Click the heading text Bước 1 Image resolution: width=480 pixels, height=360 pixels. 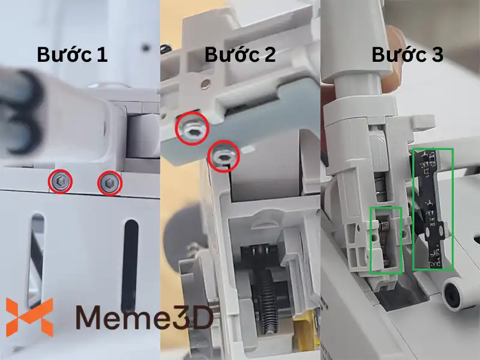[x=72, y=55]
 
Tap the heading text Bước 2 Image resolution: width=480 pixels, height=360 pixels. [x=240, y=55]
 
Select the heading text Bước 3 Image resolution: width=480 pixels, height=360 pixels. [x=407, y=55]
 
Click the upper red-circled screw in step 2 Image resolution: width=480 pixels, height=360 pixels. [x=191, y=128]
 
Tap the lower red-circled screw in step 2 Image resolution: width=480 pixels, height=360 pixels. [x=223, y=157]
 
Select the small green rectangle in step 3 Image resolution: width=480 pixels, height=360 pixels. [x=386, y=240]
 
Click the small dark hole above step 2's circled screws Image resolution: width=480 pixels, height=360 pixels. [x=206, y=83]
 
